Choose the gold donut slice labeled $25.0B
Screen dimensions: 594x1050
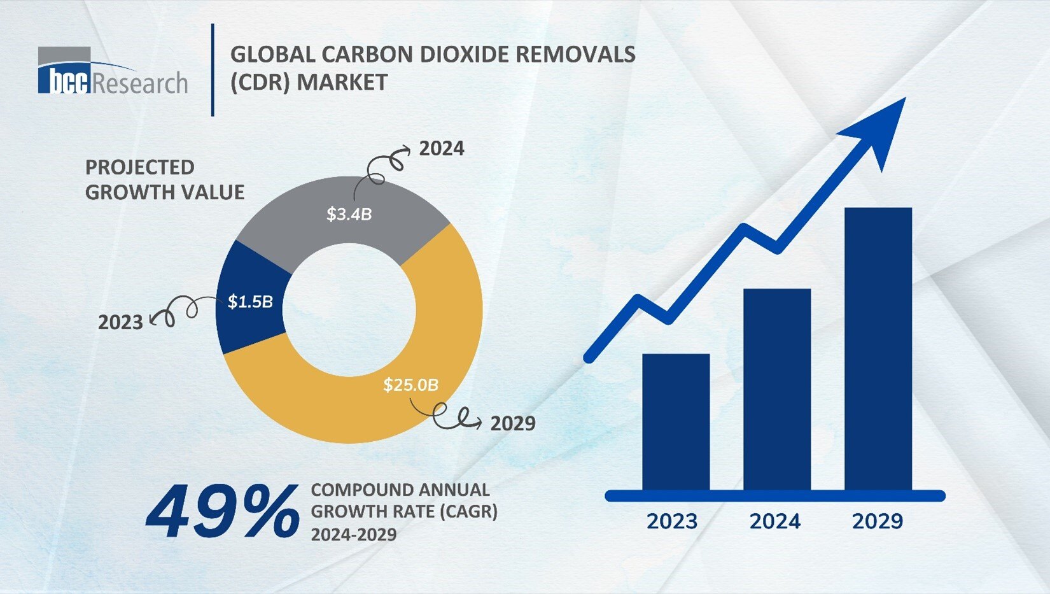click(x=356, y=407)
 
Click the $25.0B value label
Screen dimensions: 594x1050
click(x=410, y=385)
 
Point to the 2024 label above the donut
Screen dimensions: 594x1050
click(x=442, y=148)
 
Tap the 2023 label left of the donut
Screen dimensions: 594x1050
click(x=120, y=322)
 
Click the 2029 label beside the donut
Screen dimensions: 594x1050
click(x=513, y=423)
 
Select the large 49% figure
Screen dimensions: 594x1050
click(x=223, y=511)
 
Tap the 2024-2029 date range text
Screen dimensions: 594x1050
click(x=353, y=534)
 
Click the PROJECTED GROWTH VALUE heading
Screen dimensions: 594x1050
click(x=164, y=180)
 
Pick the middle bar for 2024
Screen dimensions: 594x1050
click(x=776, y=390)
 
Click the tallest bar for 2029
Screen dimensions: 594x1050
click(x=878, y=349)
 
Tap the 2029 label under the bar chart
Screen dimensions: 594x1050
click(x=878, y=521)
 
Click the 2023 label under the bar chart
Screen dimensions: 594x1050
click(x=672, y=521)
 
